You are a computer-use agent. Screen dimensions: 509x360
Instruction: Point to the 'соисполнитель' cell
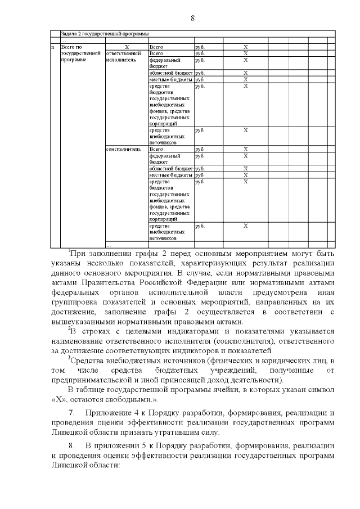119,149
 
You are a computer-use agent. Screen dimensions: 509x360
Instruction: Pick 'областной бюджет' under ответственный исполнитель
171,73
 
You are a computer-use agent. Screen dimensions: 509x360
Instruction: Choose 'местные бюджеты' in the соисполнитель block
171,175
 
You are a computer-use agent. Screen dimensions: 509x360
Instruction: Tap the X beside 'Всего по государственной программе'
126,47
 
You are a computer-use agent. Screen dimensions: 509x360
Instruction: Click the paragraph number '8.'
71,446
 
